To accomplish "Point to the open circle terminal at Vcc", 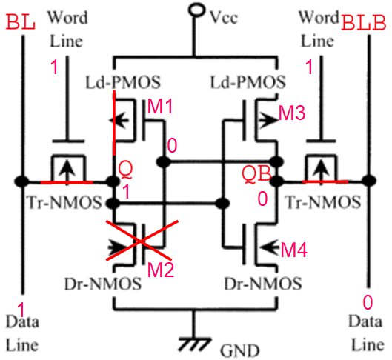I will pyautogui.click(x=196, y=11).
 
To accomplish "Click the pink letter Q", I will pyautogui.click(x=126, y=170).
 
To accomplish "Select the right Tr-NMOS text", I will pyautogui.click(x=320, y=201).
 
